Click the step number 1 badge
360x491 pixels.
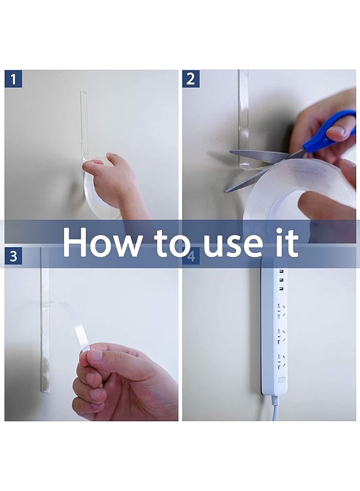pyautogui.click(x=13, y=79)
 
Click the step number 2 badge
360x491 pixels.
pyautogui.click(x=191, y=79)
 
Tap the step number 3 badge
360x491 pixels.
pyautogui.click(x=13, y=256)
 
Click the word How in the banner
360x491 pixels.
pyautogui.click(x=101, y=242)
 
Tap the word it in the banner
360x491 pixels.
pyautogui.click(x=289, y=242)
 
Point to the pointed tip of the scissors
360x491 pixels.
pyautogui.click(x=225, y=191)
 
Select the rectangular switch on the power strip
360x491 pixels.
pyautogui.click(x=281, y=381)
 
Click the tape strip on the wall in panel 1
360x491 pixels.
pyautogui.click(x=84, y=125)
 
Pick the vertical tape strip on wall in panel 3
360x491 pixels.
pyautogui.click(x=44, y=319)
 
